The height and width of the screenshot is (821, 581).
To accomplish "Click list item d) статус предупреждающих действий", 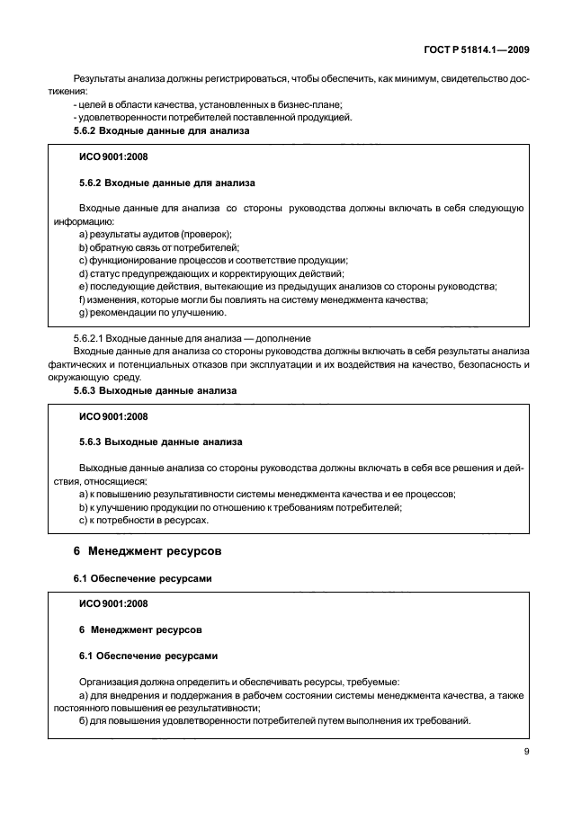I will [211, 273].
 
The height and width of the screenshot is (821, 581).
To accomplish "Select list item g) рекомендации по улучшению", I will [153, 312].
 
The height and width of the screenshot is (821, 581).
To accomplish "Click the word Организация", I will [115, 683].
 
